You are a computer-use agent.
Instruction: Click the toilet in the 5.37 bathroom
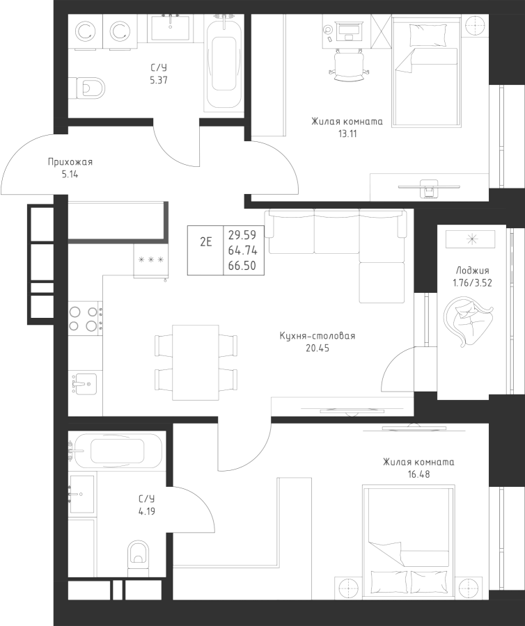tap(88, 88)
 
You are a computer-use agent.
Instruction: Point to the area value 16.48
tap(418, 474)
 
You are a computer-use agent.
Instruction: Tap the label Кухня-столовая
tap(317, 336)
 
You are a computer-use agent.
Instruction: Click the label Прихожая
tap(70, 162)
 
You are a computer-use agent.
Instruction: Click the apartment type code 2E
tap(205, 242)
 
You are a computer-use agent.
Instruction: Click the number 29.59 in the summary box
tap(241, 234)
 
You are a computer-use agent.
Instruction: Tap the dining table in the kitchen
tap(196, 362)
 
